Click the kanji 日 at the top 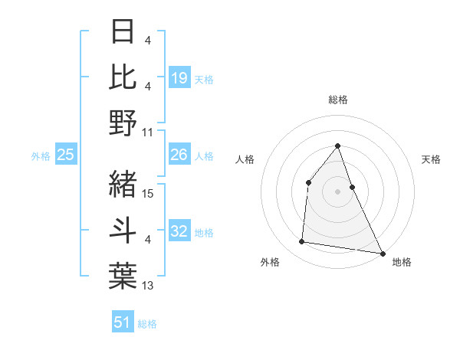pyautogui.click(x=123, y=33)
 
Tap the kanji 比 pyautogui.click(x=123, y=77)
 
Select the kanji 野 pyautogui.click(x=123, y=123)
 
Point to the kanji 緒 pyautogui.click(x=123, y=184)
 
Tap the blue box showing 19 pyautogui.click(x=179, y=77)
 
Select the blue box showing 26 pyautogui.click(x=179, y=155)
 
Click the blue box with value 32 pyautogui.click(x=179, y=231)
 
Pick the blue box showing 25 pyautogui.click(x=65, y=155)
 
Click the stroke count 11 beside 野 pyautogui.click(x=149, y=133)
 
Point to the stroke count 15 pyautogui.click(x=149, y=194)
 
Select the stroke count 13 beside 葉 pyautogui.click(x=149, y=286)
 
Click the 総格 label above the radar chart pyautogui.click(x=337, y=100)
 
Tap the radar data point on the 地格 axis pyautogui.click(x=382, y=253)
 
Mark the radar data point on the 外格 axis pyautogui.click(x=302, y=242)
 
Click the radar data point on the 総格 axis pyautogui.click(x=337, y=146)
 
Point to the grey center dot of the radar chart pyautogui.click(x=337, y=191)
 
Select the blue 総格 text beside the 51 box pyautogui.click(x=147, y=323)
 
